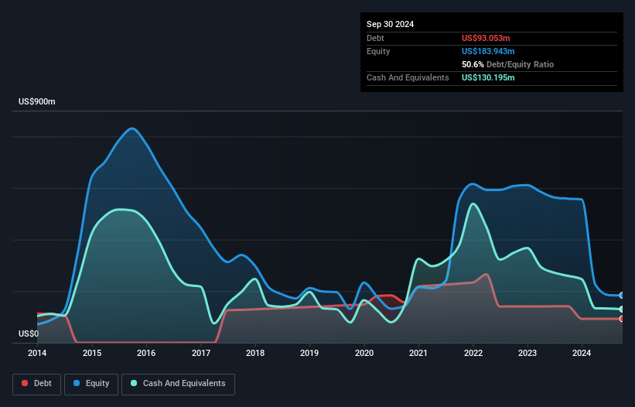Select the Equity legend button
(x=91, y=383)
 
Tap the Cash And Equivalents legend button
(x=178, y=383)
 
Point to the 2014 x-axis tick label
(x=37, y=354)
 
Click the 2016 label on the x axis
(x=146, y=354)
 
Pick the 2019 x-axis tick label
(x=309, y=354)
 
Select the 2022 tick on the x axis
(x=473, y=354)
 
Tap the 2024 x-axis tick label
(x=582, y=354)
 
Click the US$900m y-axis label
(x=38, y=102)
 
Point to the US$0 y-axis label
(x=29, y=334)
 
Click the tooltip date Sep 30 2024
(x=390, y=24)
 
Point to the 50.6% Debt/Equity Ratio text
(x=507, y=64)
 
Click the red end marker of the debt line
(x=621, y=319)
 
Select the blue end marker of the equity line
(x=621, y=296)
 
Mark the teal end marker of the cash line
(x=621, y=310)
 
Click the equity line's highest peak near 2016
(x=133, y=128)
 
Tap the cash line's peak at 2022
(x=472, y=203)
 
